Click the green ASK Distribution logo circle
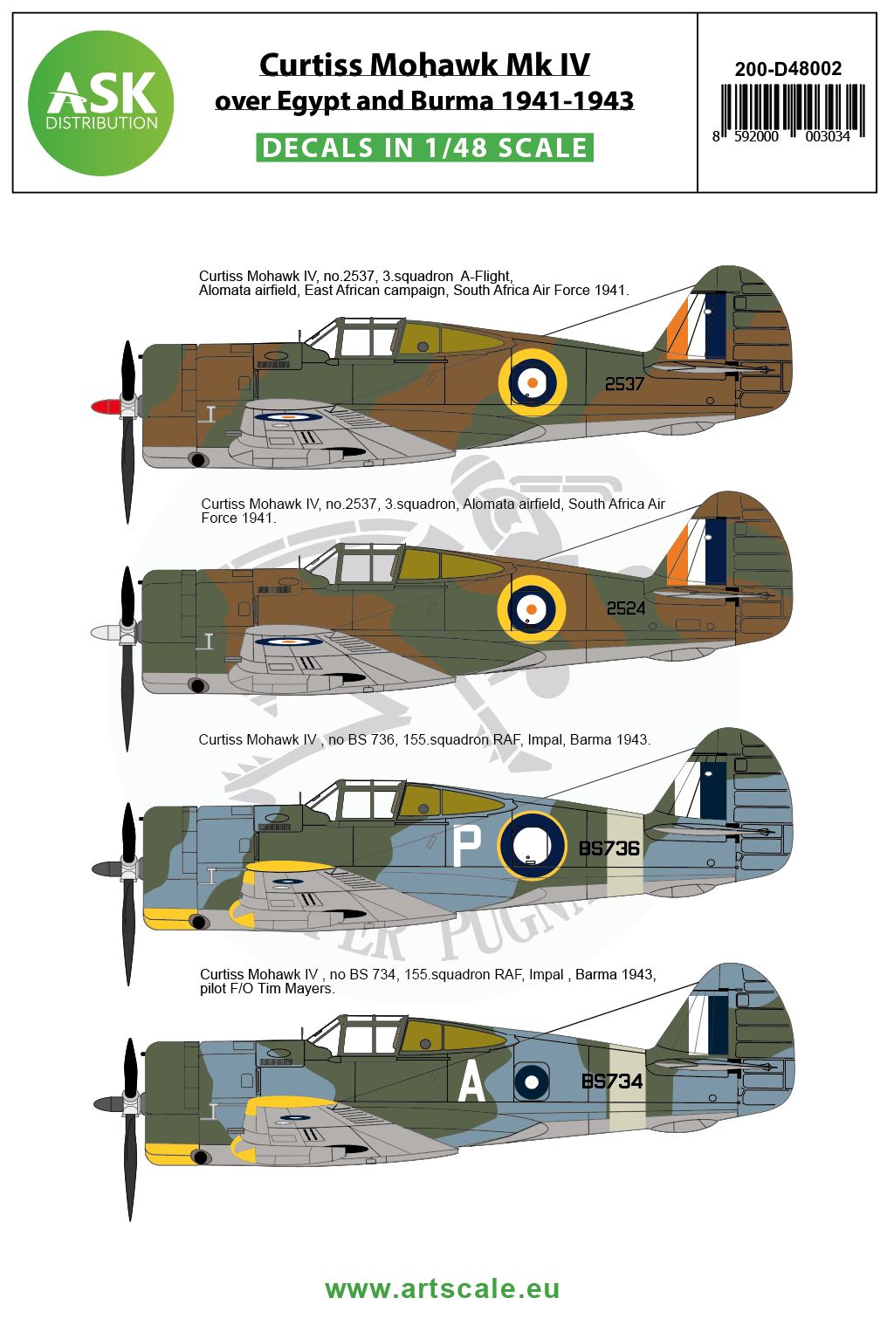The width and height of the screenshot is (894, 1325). [x=100, y=103]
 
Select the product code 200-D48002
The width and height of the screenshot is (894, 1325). [x=787, y=69]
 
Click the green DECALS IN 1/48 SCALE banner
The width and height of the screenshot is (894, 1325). [x=425, y=148]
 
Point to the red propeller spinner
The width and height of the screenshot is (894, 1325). [x=105, y=407]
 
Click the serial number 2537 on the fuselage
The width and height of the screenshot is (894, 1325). [x=624, y=383]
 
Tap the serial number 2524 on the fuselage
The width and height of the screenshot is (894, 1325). [x=626, y=608]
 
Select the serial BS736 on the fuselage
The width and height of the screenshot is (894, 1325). [x=609, y=848]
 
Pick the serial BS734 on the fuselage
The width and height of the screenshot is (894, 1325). [x=612, y=1081]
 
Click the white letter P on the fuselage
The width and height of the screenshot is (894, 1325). [x=468, y=846]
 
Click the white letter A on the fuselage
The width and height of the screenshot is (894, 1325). [x=471, y=1083]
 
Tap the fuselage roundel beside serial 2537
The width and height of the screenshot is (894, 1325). [x=532, y=381]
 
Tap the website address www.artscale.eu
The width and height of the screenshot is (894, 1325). [x=442, y=1288]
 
